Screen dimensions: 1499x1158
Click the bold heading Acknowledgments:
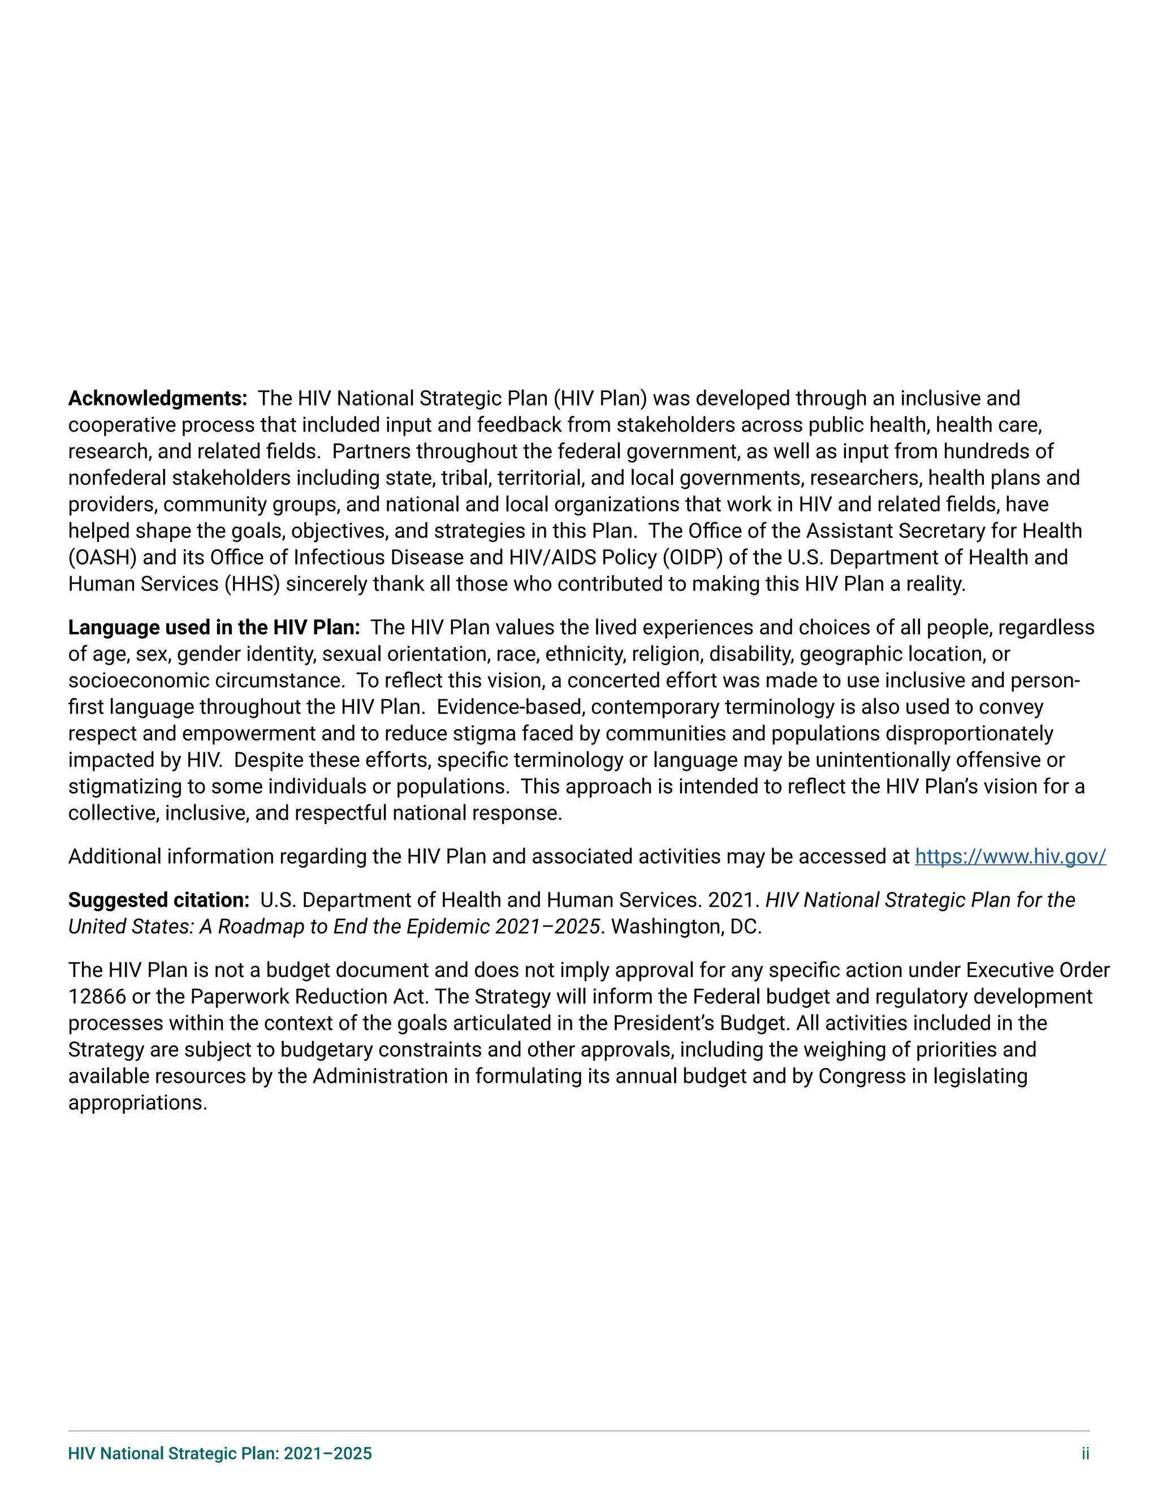click(x=157, y=398)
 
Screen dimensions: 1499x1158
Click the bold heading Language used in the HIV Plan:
click(x=213, y=627)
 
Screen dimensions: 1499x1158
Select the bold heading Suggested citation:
click(x=158, y=900)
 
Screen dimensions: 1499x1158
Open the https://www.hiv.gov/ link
click(x=1010, y=856)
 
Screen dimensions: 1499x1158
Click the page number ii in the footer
click(x=1084, y=1454)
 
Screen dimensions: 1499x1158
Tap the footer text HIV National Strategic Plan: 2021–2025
click(x=219, y=1454)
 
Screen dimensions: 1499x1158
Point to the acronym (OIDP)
click(x=692, y=557)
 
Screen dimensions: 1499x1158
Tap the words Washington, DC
click(x=686, y=927)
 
